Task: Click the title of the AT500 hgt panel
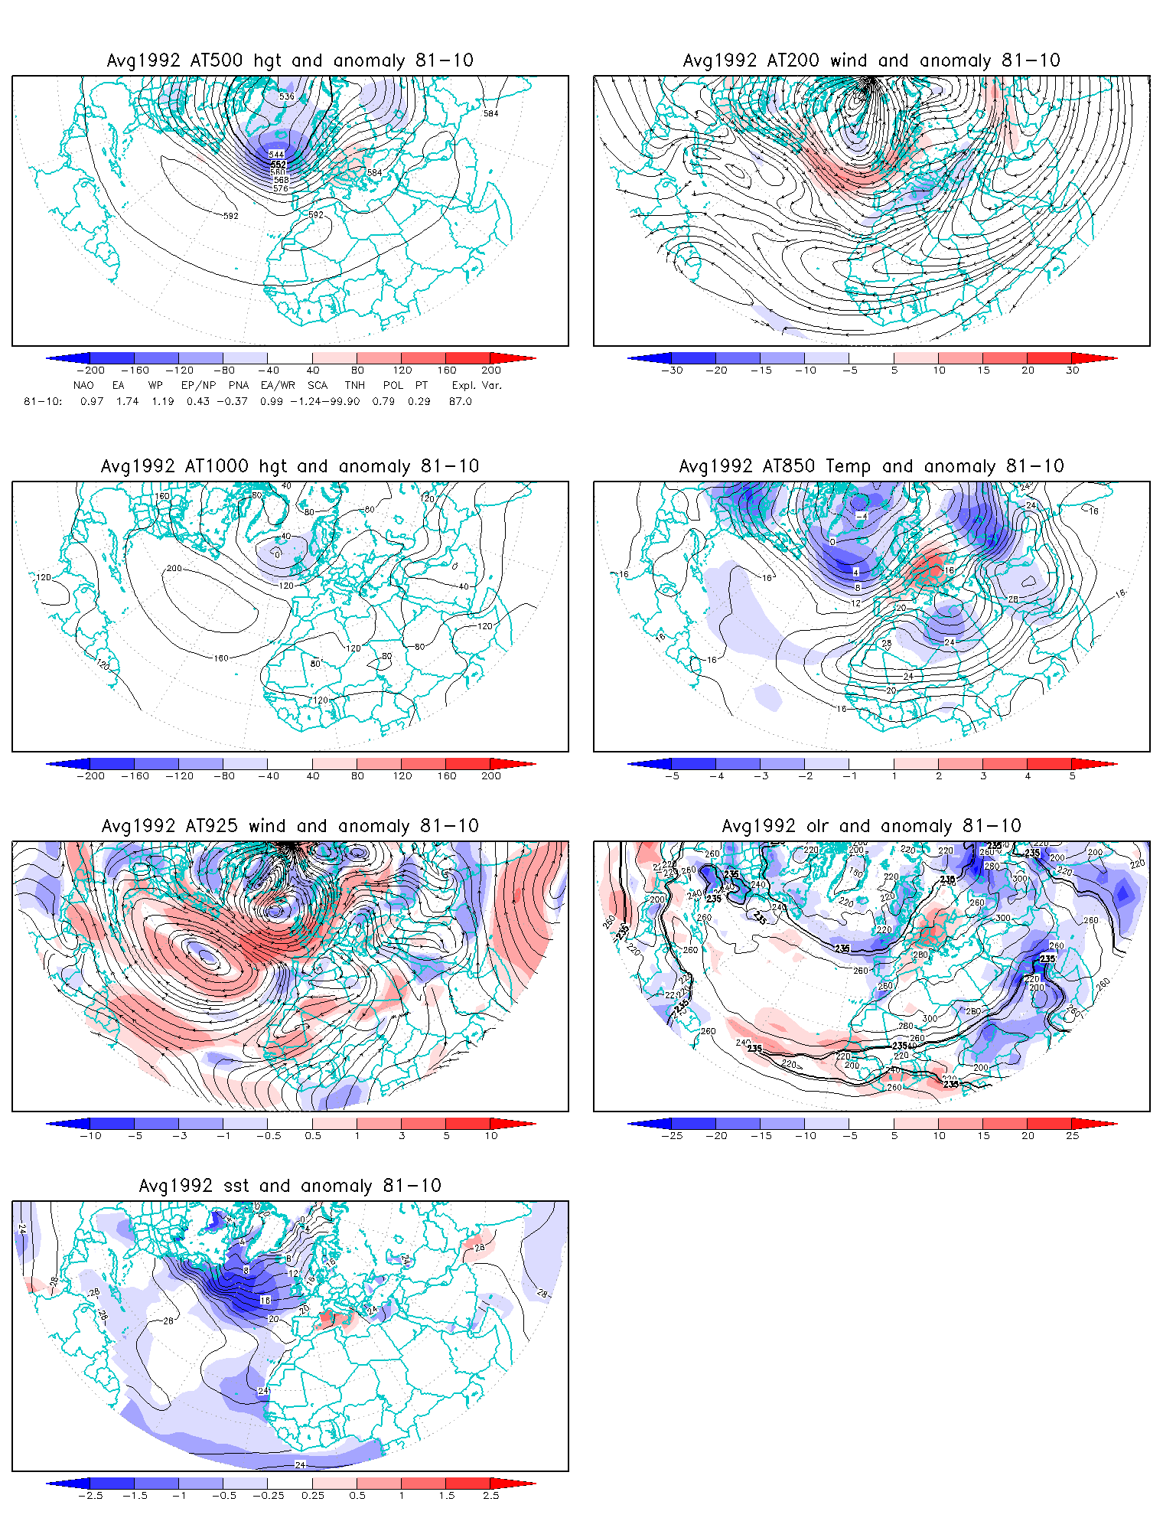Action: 290,60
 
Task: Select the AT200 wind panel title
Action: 871,60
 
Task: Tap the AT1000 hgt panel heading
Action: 290,466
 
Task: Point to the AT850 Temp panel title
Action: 871,466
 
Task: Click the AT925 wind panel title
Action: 290,826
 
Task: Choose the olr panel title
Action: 871,826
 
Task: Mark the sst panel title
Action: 290,1186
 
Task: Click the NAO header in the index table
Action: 83,385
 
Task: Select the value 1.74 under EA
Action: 127,401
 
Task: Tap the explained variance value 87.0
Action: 461,401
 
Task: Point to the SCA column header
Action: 318,385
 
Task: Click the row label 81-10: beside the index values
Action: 43,401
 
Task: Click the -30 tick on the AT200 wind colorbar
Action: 672,371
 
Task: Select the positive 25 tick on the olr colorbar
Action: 1073,1136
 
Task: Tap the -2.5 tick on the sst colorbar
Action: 90,1496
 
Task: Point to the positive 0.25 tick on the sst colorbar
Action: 313,1496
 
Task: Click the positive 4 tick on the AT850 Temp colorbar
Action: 1028,776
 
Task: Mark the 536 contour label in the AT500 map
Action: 286,96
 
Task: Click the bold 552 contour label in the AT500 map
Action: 278,165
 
